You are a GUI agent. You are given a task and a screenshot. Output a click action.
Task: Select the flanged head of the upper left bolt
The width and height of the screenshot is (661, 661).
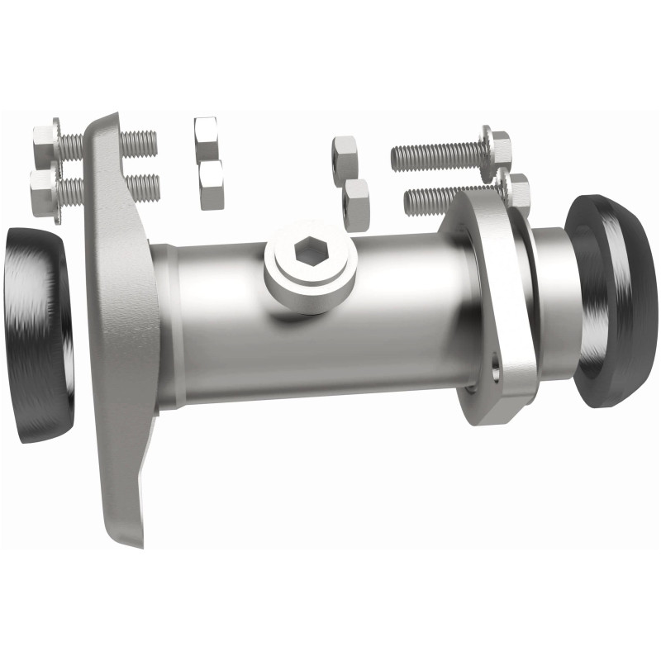45,144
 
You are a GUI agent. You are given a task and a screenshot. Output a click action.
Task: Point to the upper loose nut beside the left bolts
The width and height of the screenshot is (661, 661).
206,132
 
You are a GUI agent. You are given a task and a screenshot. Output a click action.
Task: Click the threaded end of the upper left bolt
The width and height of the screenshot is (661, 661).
140,142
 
